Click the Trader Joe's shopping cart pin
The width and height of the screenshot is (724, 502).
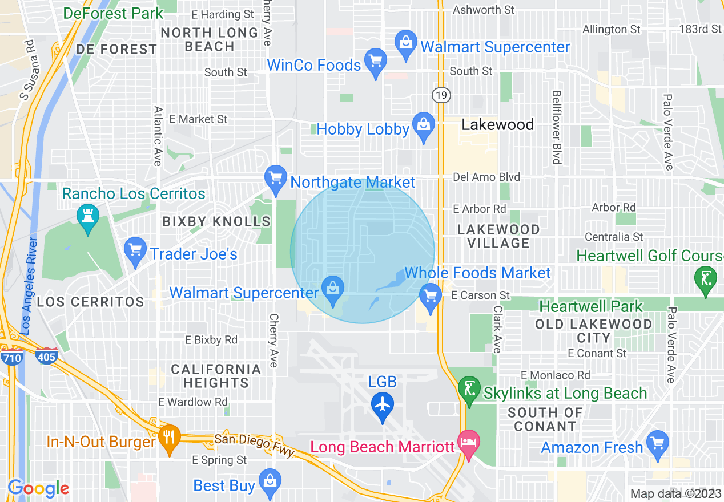(135, 251)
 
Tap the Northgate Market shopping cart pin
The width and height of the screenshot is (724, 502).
(276, 179)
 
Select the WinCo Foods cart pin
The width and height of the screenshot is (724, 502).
(376, 62)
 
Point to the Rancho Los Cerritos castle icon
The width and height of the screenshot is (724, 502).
(88, 217)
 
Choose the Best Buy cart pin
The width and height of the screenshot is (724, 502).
(270, 483)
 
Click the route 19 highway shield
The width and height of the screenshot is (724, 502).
(441, 95)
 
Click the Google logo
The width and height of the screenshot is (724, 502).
(38, 488)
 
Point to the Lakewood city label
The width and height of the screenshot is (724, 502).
(497, 125)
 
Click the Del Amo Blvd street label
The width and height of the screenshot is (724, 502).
(486, 177)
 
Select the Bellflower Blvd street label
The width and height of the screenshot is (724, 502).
(556, 127)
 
